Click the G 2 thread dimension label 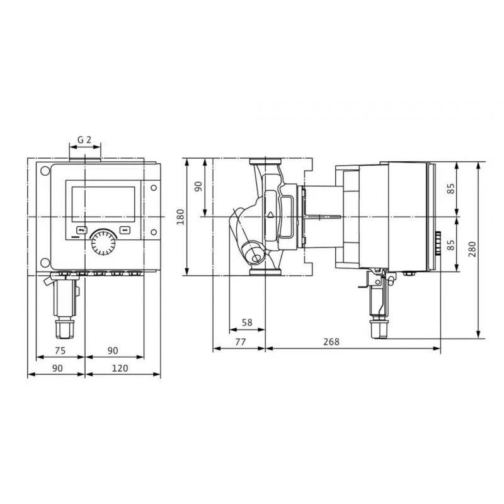[84, 139]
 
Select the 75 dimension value [60, 350]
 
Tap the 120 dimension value [120, 368]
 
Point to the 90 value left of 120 [57, 368]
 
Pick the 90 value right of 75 [113, 350]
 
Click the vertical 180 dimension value [181, 217]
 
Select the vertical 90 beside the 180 [199, 186]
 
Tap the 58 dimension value [247, 323]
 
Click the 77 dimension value [241, 341]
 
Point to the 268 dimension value [331, 341]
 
